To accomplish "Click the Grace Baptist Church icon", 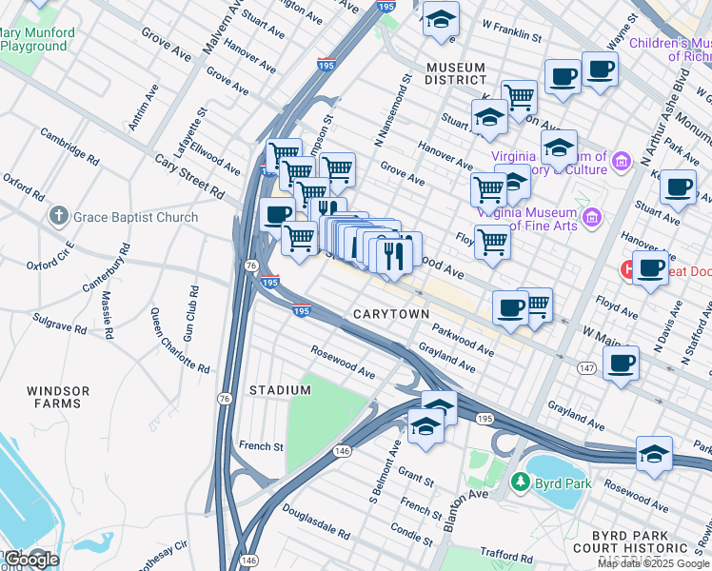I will coord(59,217).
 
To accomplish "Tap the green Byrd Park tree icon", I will coord(520,482).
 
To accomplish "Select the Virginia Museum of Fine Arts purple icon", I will coord(593,218).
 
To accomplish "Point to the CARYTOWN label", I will coord(391,313).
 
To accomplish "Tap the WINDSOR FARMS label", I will coord(58,397).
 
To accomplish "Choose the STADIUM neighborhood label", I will coord(280,390).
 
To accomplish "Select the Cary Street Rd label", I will coord(191,177).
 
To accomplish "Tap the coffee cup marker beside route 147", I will coord(621,362).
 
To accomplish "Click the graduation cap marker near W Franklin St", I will coord(440,21).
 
